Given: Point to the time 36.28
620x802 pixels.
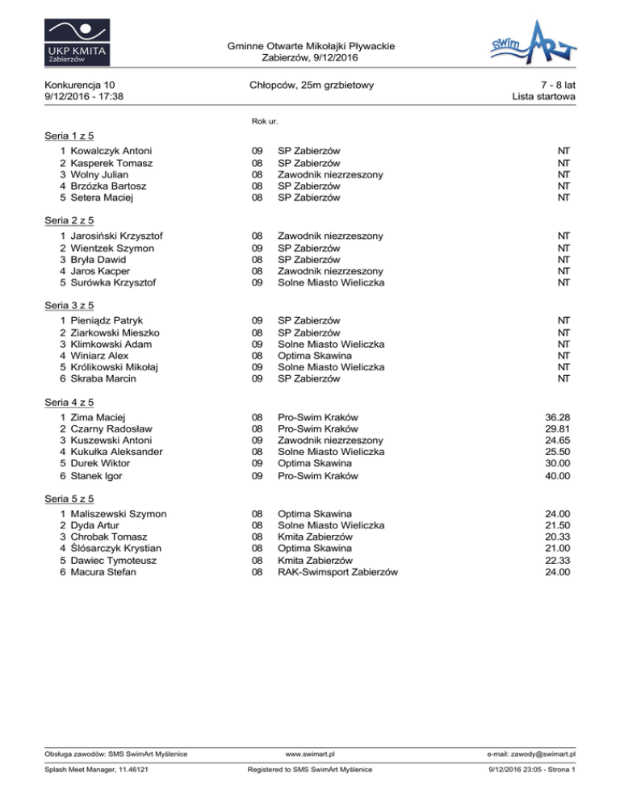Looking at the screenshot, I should pyautogui.click(x=559, y=417).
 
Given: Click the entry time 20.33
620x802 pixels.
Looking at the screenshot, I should pyautogui.click(x=559, y=537).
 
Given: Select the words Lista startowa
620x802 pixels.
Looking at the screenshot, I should pyautogui.click(x=543, y=97).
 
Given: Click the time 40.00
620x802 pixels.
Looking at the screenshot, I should pyautogui.click(x=559, y=476).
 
